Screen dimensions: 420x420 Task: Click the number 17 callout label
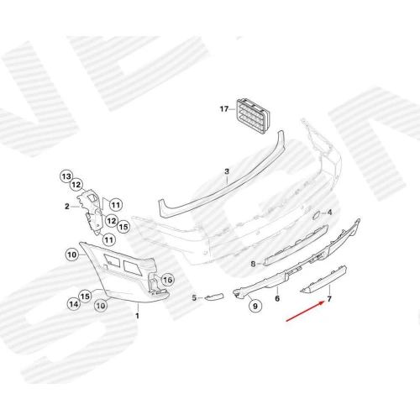[x=224, y=108]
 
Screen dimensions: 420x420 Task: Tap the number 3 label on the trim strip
[x=227, y=171]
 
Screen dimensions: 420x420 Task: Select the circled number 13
[x=66, y=176]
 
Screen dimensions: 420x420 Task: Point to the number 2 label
[x=67, y=207]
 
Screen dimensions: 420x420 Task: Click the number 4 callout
[x=329, y=213]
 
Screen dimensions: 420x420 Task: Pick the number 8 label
[x=253, y=264]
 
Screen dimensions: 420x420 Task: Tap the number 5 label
[x=194, y=298]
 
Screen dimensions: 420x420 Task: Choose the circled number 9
[x=255, y=306]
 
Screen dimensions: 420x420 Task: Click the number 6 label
[x=277, y=298]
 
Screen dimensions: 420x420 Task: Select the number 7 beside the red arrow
[x=329, y=299]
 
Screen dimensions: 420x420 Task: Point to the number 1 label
[x=137, y=316]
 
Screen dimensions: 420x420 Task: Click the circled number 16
[x=167, y=280]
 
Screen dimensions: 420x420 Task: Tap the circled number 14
[x=74, y=304]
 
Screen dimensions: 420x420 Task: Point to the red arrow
[x=305, y=311]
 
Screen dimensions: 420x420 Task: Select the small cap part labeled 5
[x=214, y=297]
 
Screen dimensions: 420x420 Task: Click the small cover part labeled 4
[x=317, y=212]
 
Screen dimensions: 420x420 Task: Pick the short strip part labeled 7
[x=324, y=280]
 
